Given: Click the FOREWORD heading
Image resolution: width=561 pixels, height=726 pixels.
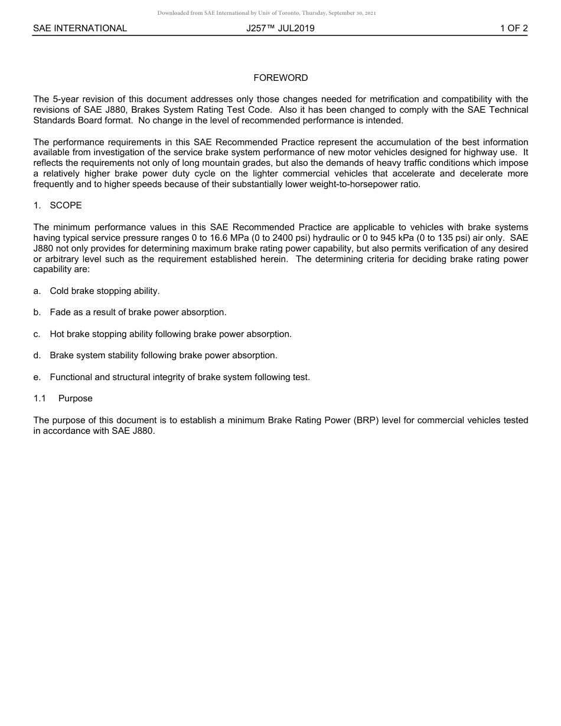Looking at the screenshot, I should tap(280, 78).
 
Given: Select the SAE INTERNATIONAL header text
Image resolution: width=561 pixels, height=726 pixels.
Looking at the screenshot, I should tap(80, 28).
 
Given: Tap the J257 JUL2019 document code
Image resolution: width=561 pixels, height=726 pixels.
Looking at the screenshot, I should tap(280, 28).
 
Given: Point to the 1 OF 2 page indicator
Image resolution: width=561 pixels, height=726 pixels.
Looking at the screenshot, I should tap(513, 28).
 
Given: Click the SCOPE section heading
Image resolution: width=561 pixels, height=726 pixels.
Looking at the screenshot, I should tap(66, 205).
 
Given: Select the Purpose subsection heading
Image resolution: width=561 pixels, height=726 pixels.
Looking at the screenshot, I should tap(75, 398).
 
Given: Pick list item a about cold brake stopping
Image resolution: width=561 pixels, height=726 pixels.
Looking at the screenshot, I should tap(105, 291).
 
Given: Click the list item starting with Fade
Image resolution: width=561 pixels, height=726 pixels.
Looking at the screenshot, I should tap(138, 312).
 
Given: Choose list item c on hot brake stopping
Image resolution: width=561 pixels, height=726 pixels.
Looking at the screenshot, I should tap(170, 334).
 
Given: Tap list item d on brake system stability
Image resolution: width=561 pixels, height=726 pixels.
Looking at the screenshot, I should tap(163, 355).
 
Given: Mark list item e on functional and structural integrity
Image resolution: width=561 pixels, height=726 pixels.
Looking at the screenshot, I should tap(180, 377).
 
